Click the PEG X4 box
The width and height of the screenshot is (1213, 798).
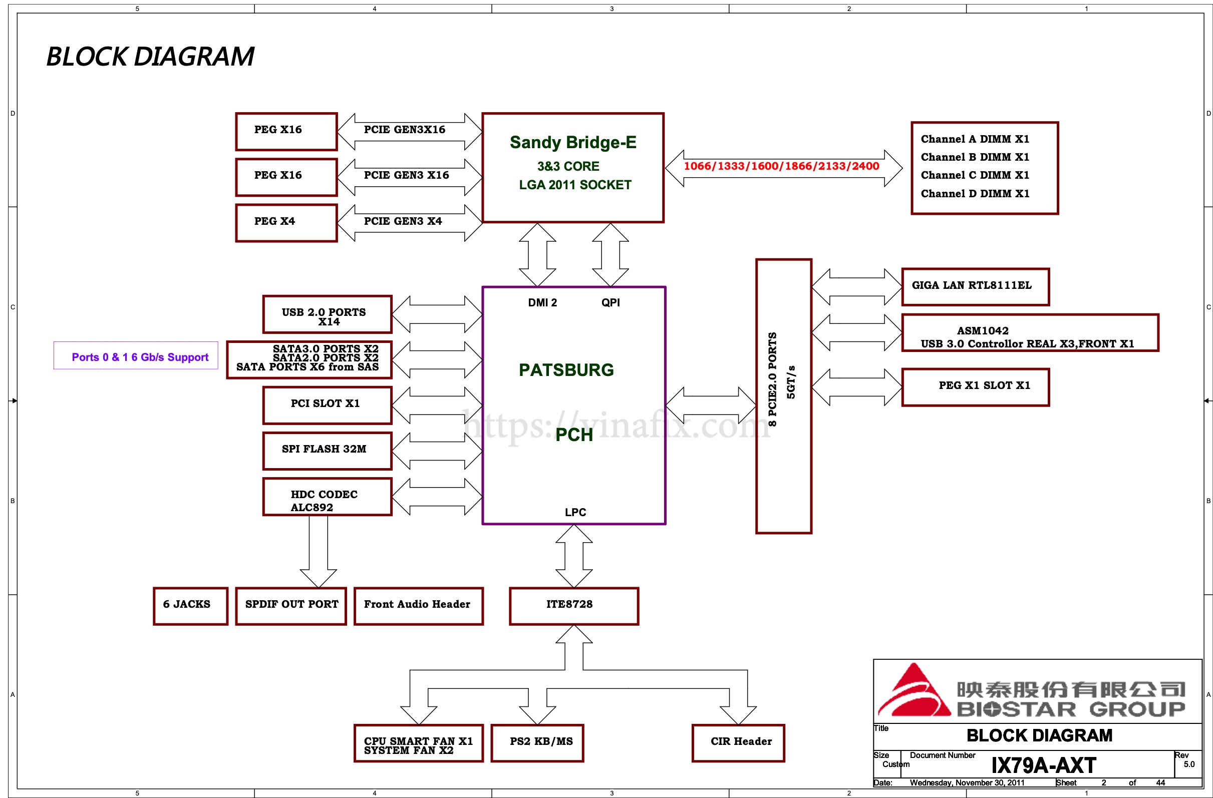pos(286,223)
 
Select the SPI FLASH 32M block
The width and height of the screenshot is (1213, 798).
pos(327,451)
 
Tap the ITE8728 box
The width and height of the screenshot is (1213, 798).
pos(573,605)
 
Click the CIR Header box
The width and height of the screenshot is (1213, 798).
pos(738,742)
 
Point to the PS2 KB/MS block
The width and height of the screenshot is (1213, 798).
pos(537,742)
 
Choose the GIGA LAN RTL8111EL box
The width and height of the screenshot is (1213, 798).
pos(975,286)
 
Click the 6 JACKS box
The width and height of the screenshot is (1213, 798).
pos(190,605)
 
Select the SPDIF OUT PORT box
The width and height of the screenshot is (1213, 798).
pos(290,605)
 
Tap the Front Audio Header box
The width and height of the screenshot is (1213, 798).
pos(418,605)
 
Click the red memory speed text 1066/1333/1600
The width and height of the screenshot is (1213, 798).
pos(781,166)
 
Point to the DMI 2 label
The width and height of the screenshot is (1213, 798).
pos(542,303)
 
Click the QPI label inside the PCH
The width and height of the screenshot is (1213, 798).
pos(610,303)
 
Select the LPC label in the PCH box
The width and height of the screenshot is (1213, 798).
pos(575,512)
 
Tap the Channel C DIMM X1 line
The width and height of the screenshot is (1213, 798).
pos(974,175)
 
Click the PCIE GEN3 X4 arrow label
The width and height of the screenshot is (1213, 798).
pos(403,221)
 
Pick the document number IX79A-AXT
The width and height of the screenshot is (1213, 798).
pos(1043,765)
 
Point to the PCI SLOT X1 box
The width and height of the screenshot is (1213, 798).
pos(327,405)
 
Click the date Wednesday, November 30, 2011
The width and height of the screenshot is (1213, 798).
pos(966,782)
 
